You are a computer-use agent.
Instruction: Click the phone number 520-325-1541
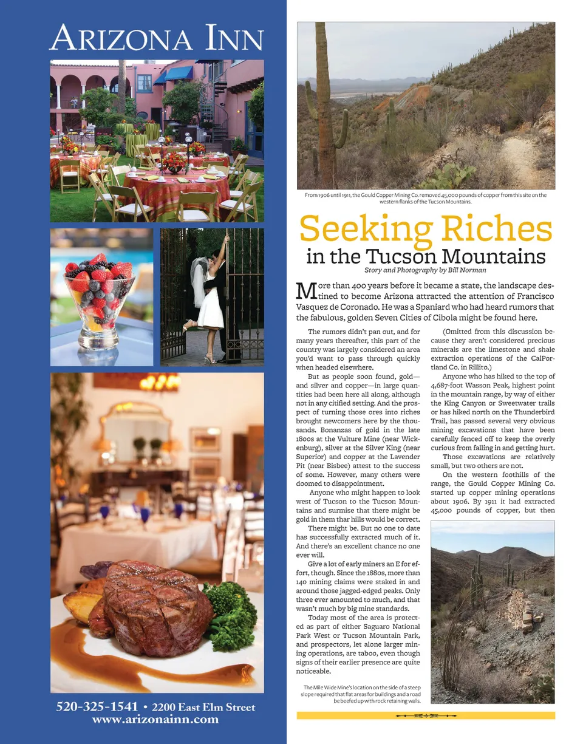97,707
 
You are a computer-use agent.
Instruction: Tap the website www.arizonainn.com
155,720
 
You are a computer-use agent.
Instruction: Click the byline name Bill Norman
465,270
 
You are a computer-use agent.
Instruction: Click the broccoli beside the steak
231,613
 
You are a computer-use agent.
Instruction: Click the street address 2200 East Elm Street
203,707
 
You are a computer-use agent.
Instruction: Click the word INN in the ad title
234,39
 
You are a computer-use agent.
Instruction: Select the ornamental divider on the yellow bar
426,716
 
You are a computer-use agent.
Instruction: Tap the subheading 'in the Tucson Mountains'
426,256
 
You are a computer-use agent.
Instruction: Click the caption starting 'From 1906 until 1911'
426,198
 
